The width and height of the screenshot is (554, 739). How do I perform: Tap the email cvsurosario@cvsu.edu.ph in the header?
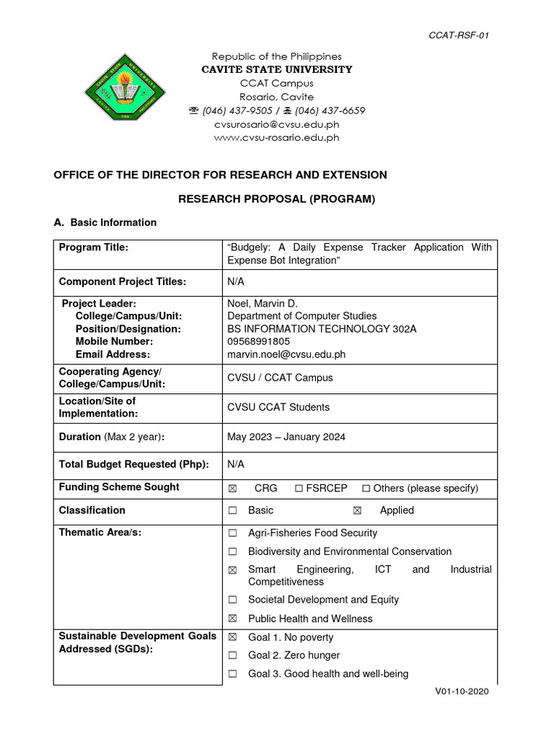(x=277, y=124)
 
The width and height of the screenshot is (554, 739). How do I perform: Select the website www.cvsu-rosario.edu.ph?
(x=277, y=138)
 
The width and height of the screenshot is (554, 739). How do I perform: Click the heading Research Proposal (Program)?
(x=277, y=198)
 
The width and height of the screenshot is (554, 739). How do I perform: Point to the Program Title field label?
(x=94, y=248)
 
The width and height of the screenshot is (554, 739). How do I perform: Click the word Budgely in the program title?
(x=251, y=248)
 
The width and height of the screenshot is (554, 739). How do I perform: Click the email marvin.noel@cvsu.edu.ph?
(x=286, y=354)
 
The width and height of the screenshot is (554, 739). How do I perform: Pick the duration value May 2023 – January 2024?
(x=286, y=437)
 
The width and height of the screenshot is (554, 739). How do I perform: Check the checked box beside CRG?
(x=232, y=489)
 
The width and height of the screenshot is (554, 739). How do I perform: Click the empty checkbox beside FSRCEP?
(x=299, y=489)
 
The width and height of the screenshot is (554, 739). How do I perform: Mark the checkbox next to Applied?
(x=356, y=511)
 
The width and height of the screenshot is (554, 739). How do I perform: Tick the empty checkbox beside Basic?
(x=232, y=511)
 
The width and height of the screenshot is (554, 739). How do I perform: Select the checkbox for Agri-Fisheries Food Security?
(x=232, y=533)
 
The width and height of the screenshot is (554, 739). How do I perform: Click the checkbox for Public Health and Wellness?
(x=232, y=619)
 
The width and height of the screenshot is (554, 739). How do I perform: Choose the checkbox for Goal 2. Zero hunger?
(x=232, y=656)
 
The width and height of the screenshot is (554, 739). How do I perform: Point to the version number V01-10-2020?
(x=462, y=691)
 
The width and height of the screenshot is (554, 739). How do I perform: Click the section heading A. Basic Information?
(x=105, y=222)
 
